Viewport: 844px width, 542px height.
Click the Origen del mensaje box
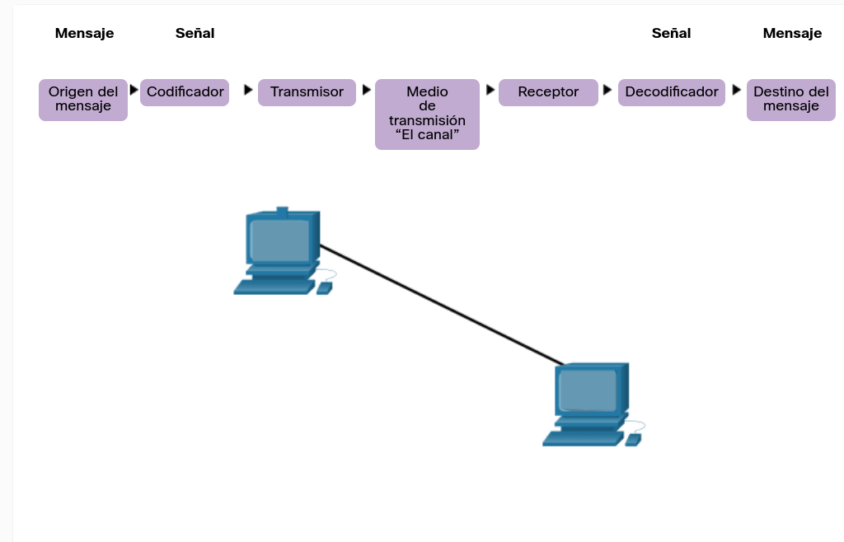(83, 100)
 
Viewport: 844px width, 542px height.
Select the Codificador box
(185, 92)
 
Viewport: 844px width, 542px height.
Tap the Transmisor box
(307, 92)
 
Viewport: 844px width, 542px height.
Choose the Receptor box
(548, 92)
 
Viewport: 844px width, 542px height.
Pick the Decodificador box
(671, 92)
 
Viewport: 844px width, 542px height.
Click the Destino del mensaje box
(790, 100)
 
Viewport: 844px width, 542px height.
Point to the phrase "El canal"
(427, 135)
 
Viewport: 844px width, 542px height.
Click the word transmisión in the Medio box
(427, 121)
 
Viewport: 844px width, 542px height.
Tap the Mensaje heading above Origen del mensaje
(84, 34)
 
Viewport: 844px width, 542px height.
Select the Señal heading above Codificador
(195, 34)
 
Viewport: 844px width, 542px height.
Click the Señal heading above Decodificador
(671, 34)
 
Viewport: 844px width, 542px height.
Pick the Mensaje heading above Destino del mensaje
(792, 34)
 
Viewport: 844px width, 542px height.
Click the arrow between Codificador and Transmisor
(248, 90)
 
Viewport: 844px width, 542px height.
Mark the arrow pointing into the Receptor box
(490, 90)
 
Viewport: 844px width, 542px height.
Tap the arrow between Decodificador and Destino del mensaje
(736, 90)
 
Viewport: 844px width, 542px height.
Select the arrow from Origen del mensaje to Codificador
(134, 90)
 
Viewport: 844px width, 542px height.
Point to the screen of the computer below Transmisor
(279, 240)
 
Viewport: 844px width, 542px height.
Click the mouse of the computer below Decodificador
(633, 440)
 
